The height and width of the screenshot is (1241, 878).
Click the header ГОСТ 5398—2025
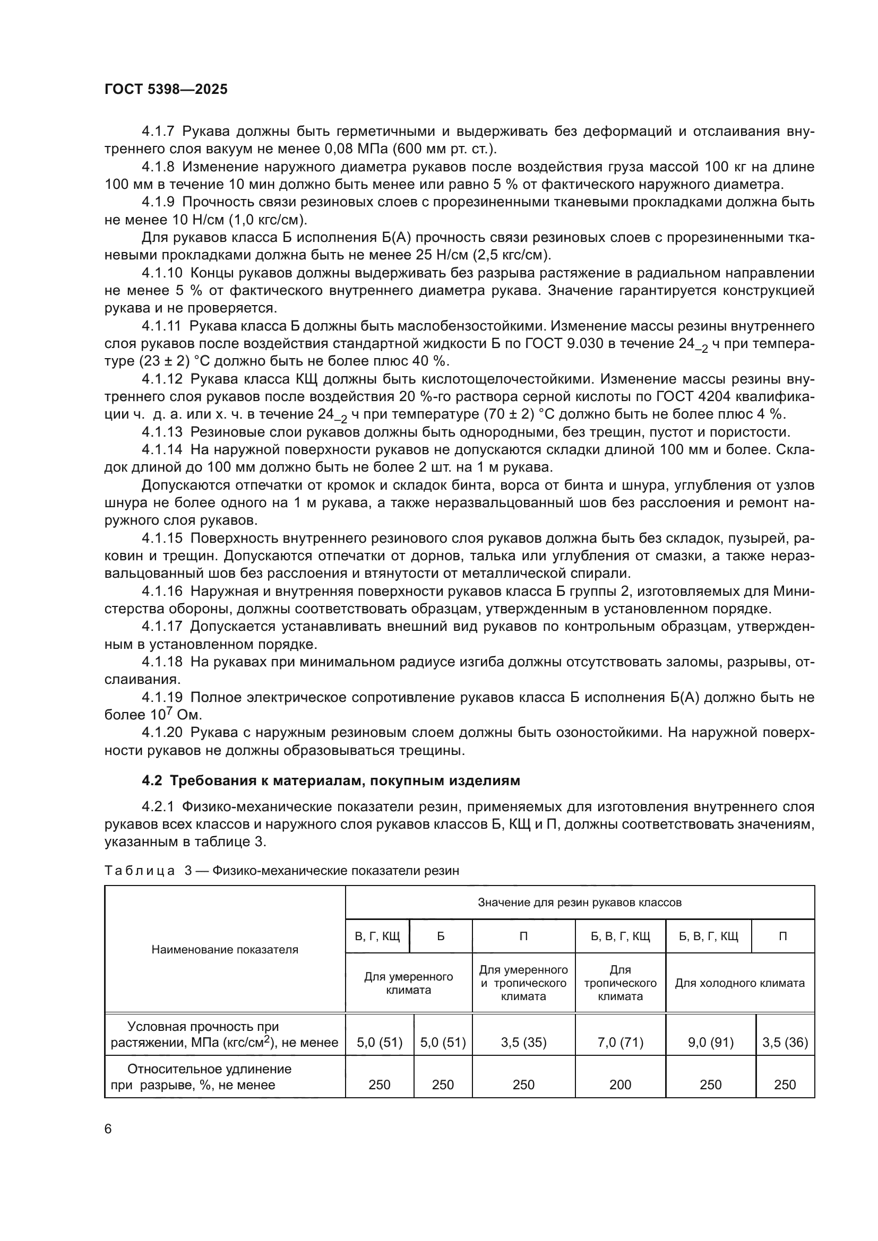pos(166,89)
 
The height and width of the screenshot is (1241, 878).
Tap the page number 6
pos(108,1129)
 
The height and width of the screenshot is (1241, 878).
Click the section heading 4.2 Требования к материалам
pos(330,780)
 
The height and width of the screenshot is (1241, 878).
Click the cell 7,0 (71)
pos(620,1042)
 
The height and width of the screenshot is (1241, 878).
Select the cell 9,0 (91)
pos(710,1042)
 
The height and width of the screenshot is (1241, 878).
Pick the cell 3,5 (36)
pos(785,1042)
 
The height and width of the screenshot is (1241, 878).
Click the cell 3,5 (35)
pos(523,1042)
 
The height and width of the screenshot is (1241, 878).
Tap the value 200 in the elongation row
pos(620,1085)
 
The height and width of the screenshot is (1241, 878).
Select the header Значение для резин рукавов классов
pos(580,902)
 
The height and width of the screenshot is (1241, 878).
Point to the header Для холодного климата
pos(739,983)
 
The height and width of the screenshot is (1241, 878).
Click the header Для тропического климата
pos(620,983)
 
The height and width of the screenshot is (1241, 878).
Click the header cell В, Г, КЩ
pos(377,936)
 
